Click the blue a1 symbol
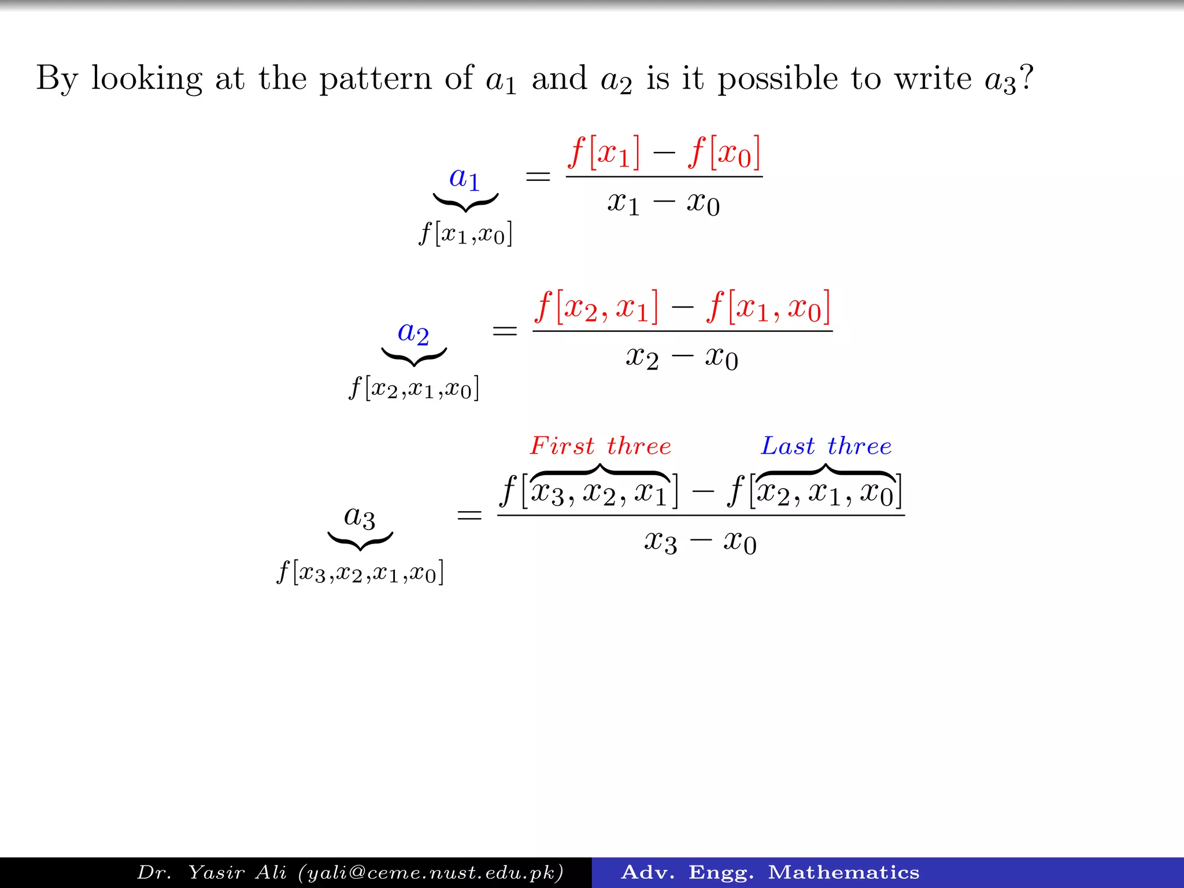click(464, 178)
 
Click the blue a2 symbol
click(413, 333)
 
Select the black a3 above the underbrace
click(359, 516)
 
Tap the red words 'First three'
click(601, 446)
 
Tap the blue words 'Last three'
click(826, 446)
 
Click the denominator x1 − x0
click(663, 203)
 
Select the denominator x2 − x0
click(682, 358)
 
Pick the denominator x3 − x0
click(700, 543)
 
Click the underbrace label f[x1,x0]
click(465, 234)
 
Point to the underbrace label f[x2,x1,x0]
click(414, 388)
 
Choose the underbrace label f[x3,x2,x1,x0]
click(360, 573)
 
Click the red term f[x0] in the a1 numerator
click(724, 153)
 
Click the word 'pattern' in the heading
click(375, 79)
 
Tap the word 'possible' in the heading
click(778, 79)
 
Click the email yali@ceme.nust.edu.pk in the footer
click(431, 872)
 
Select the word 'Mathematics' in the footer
click(843, 872)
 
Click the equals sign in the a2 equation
click(504, 331)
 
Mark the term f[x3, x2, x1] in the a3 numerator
click(589, 492)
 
